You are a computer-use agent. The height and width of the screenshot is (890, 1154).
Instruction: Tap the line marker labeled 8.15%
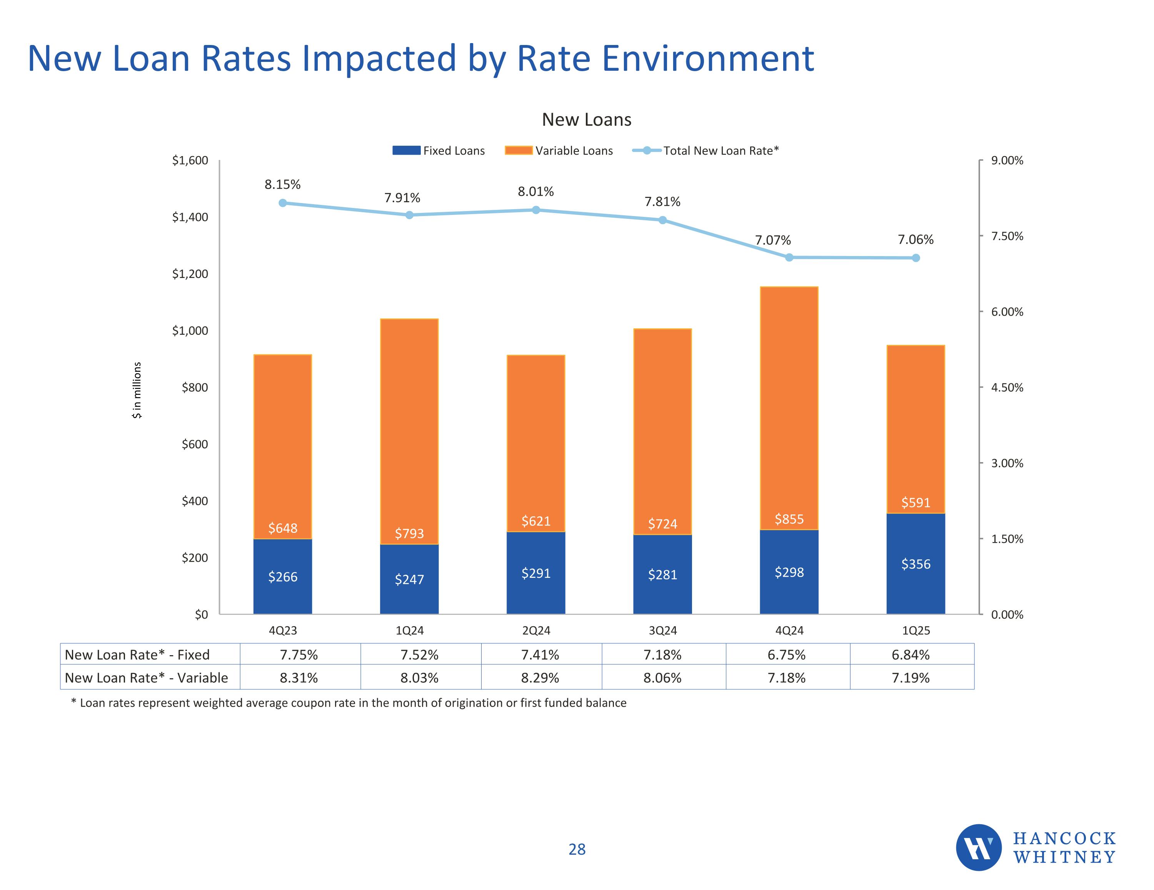click(283, 203)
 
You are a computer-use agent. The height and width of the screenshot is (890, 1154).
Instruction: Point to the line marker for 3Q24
click(663, 220)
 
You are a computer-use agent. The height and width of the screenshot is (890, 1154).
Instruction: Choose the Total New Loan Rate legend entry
click(705, 151)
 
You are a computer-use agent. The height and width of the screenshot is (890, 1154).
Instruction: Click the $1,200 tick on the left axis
click(190, 274)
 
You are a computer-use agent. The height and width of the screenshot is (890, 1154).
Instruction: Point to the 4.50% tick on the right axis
click(1007, 387)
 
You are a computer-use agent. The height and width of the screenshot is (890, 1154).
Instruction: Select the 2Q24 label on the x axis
click(536, 630)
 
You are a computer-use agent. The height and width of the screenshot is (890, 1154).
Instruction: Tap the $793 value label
click(410, 534)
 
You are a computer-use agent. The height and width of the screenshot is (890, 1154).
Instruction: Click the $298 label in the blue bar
click(789, 572)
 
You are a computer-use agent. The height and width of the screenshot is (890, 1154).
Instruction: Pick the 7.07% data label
click(772, 240)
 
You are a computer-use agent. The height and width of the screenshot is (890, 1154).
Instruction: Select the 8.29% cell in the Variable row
click(540, 678)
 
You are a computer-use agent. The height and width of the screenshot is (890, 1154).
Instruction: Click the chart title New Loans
click(587, 120)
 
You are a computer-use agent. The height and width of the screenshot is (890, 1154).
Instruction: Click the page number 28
click(577, 849)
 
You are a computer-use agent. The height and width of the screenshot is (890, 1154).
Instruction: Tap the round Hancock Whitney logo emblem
click(979, 847)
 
